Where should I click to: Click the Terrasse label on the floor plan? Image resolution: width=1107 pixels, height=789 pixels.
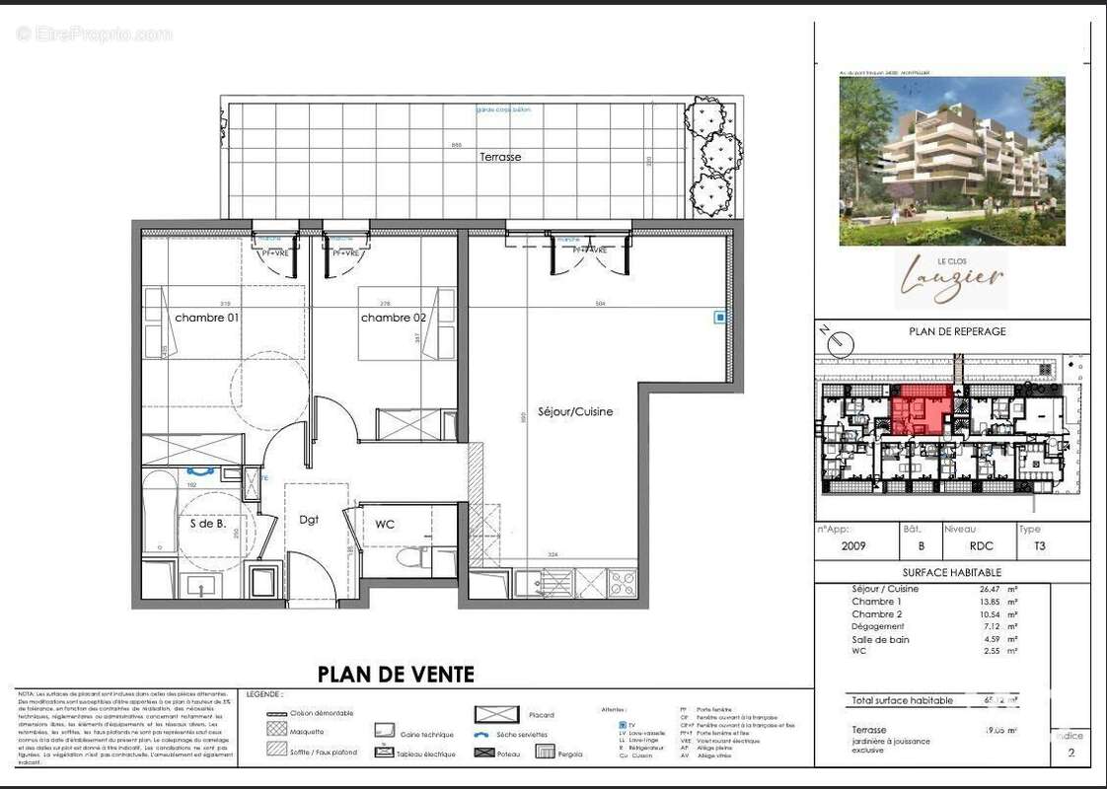point(500,157)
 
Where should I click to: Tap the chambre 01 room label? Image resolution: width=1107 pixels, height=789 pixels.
point(207,318)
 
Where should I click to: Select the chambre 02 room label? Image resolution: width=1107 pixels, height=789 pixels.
point(393,318)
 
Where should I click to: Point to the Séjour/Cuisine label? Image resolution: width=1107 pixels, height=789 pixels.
point(575,411)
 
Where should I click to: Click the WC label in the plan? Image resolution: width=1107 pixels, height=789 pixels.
point(385,524)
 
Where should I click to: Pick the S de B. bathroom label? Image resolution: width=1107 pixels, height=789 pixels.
point(208,524)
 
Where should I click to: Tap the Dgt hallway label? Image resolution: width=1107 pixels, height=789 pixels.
point(309,519)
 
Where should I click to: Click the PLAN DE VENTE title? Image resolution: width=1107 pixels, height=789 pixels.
point(396,675)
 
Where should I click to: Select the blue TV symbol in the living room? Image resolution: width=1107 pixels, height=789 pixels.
point(721,318)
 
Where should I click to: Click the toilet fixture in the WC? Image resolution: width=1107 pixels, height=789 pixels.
point(414,559)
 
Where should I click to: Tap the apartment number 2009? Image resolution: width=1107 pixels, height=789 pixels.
point(854,546)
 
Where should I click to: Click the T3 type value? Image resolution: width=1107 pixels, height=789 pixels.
point(1039,546)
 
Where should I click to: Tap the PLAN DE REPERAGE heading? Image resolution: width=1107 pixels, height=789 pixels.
point(957,331)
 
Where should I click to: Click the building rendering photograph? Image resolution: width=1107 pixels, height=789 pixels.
point(952,161)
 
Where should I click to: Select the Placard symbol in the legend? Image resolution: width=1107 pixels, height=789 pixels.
point(497,714)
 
